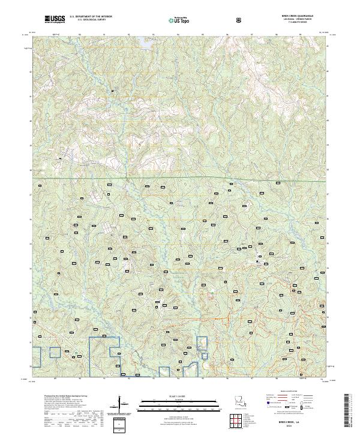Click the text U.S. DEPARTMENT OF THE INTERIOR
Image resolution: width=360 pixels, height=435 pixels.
coord(92,17)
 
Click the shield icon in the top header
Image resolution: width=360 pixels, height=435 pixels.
coord(239,20)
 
